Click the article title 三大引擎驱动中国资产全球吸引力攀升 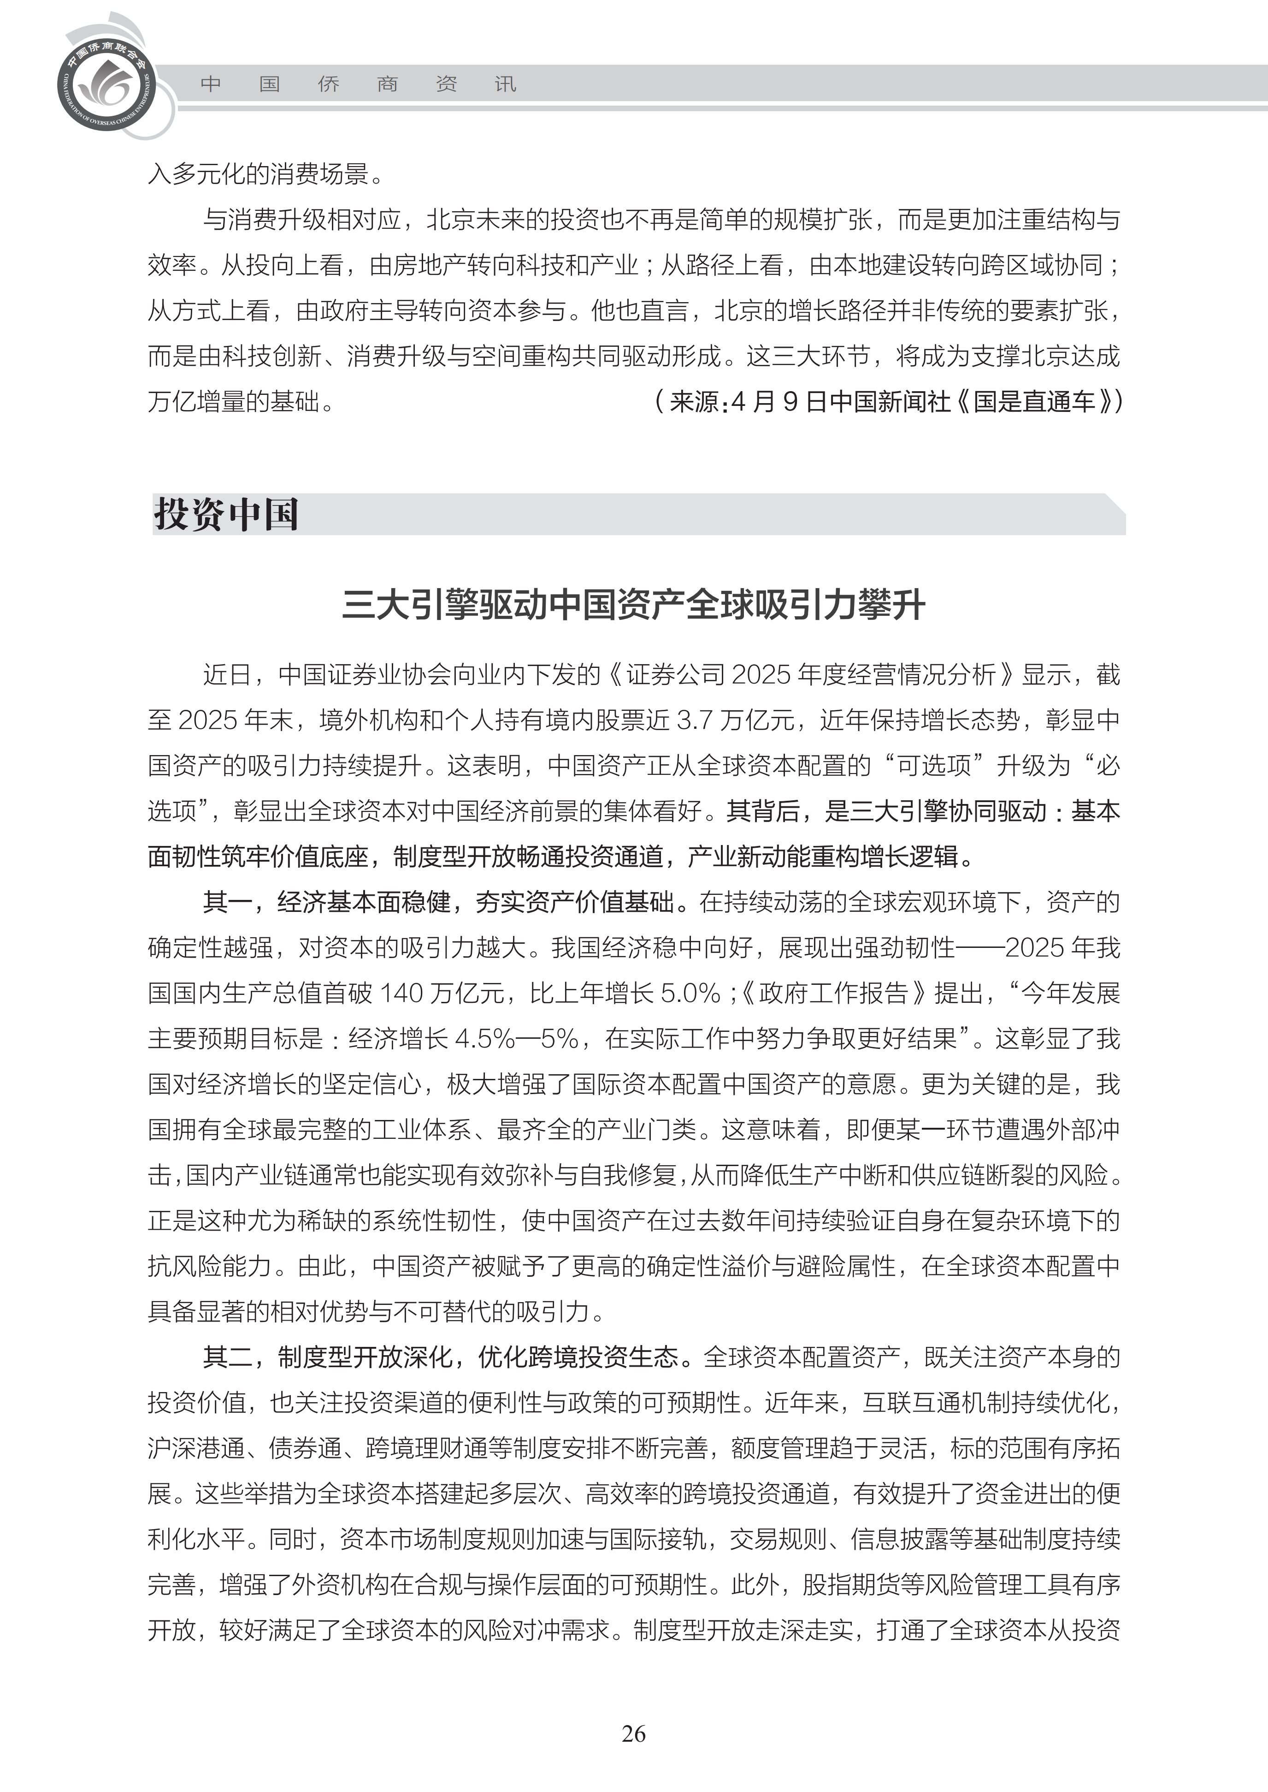pos(633,605)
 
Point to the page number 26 pos(633,1733)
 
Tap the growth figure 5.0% pos(690,993)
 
